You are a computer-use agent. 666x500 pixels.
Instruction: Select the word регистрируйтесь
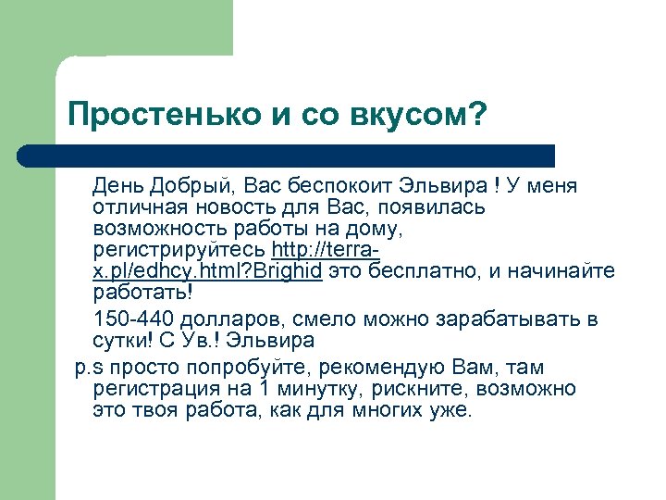tap(179, 251)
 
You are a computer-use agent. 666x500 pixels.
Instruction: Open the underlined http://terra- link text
tap(327, 251)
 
